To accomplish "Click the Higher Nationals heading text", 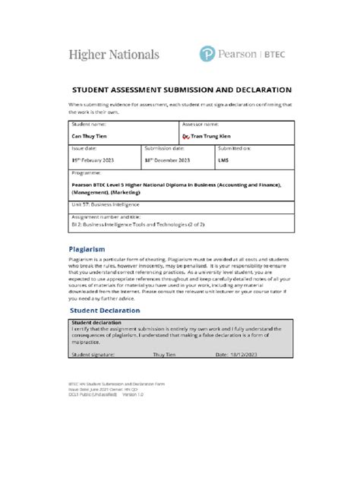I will pyautogui.click(x=114, y=55).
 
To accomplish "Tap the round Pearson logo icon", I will pyautogui.click(x=209, y=55).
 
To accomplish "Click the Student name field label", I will pyautogui.click(x=89, y=124).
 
